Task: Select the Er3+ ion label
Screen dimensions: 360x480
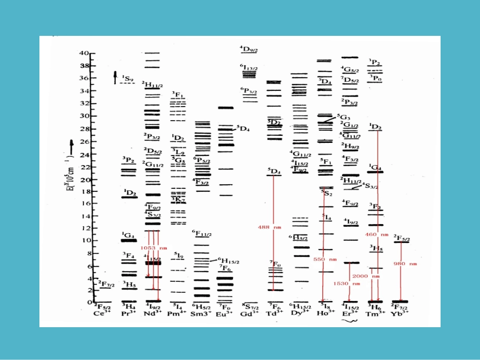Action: coord(350,313)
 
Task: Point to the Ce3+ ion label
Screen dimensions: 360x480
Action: coord(103,313)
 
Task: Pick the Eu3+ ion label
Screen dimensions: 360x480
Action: coord(225,313)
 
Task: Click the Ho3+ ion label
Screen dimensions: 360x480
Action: coord(326,313)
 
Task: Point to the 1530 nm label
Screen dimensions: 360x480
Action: coord(347,284)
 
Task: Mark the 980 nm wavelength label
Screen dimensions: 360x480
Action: coord(408,264)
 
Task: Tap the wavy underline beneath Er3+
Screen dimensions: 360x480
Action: coord(350,320)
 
